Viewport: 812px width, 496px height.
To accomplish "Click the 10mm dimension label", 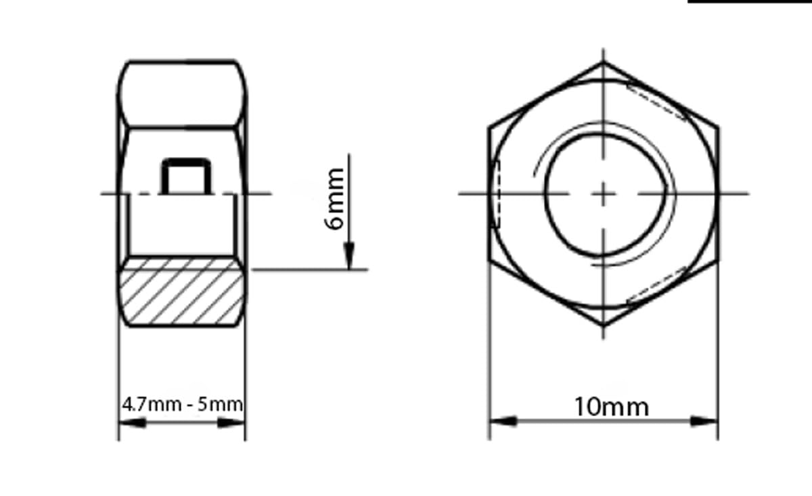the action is [612, 407].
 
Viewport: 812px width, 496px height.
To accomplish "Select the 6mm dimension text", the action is [334, 199].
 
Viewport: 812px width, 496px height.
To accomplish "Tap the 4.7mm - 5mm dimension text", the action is [182, 404].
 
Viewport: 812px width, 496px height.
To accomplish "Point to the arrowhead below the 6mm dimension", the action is [349, 256].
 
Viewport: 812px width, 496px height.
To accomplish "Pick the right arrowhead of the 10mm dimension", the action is [704, 422].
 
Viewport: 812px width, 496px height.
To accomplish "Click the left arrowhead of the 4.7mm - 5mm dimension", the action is [133, 423].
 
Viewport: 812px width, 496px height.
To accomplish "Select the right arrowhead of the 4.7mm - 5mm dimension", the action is [231, 423].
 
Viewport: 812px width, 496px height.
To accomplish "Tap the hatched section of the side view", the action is [181, 292].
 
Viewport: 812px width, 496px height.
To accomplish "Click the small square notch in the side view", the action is [186, 177].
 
